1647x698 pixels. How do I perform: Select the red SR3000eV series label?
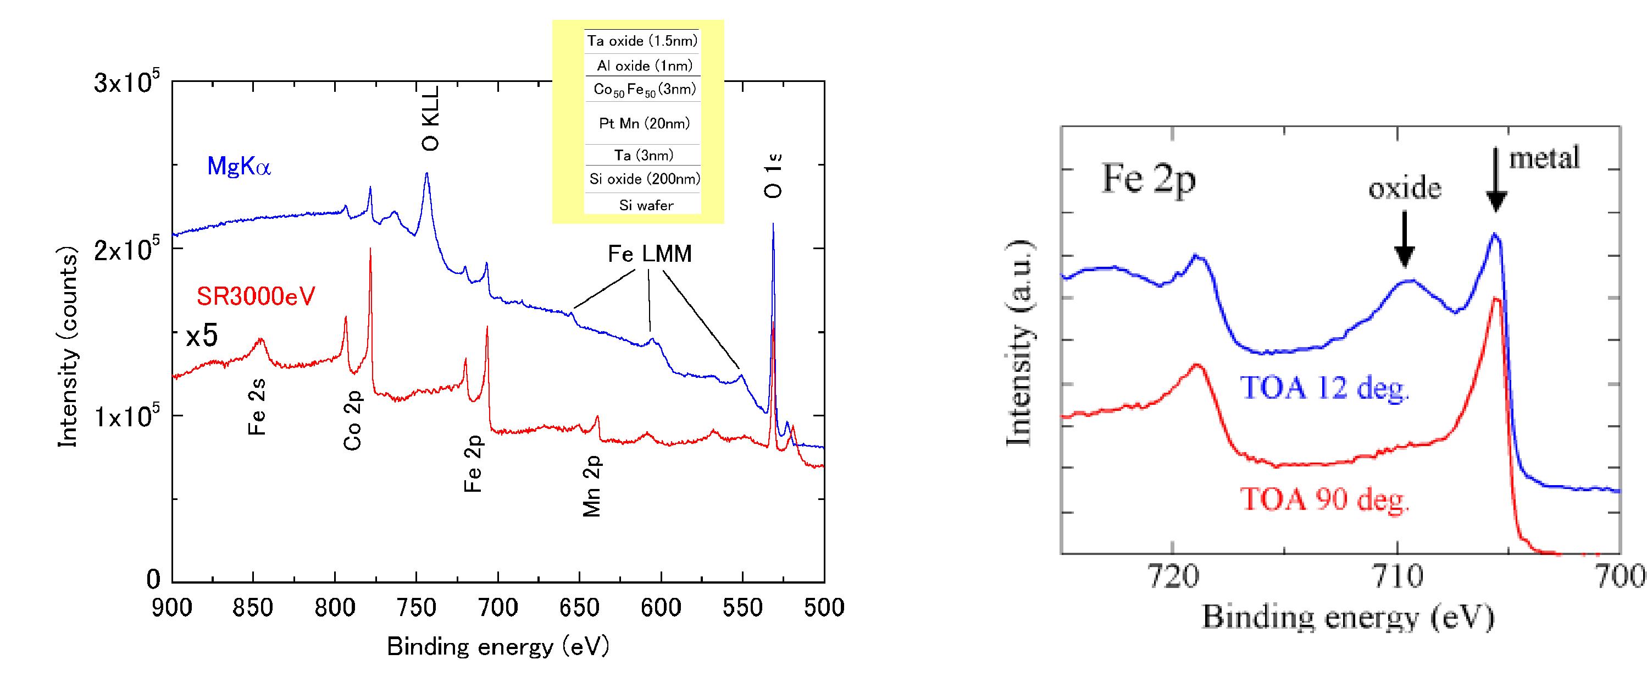256,296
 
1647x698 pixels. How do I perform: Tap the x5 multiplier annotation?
201,337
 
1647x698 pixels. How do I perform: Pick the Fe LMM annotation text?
649,255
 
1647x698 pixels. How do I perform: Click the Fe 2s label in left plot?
257,406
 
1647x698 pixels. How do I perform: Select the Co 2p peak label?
353,420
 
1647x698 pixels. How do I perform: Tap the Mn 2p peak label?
592,486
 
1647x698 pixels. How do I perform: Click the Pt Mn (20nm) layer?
644,123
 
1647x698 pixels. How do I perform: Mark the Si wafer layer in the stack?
646,205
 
